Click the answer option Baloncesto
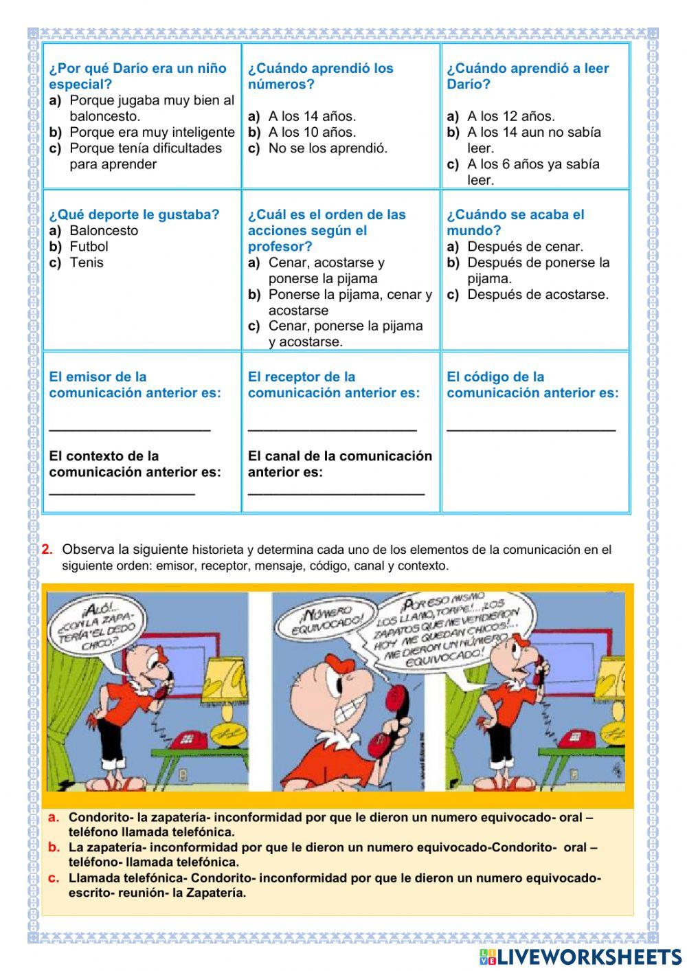point(103,231)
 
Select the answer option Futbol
point(89,247)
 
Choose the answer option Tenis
point(87,263)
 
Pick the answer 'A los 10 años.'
point(312,132)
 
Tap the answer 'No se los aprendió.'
point(328,148)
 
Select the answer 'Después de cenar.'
point(525,247)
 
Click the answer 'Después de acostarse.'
point(537,295)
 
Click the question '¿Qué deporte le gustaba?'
point(134,214)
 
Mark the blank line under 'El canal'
point(336,493)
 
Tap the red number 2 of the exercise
point(47,550)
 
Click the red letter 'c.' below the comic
point(54,878)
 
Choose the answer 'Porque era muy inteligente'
point(152,132)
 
